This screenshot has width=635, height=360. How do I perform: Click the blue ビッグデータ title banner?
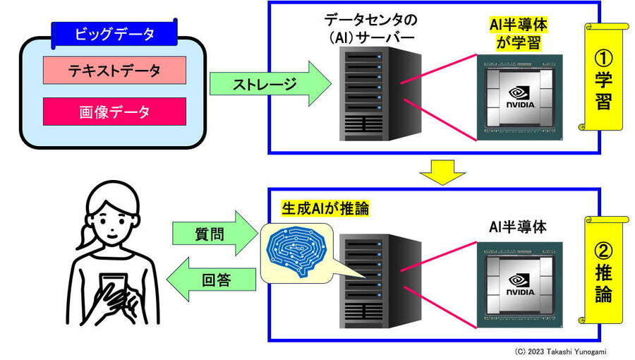(x=114, y=33)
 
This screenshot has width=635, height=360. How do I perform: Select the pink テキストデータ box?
(x=114, y=71)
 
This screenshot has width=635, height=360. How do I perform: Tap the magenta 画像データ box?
(x=114, y=112)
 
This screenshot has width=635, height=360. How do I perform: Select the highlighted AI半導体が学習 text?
(x=518, y=33)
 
